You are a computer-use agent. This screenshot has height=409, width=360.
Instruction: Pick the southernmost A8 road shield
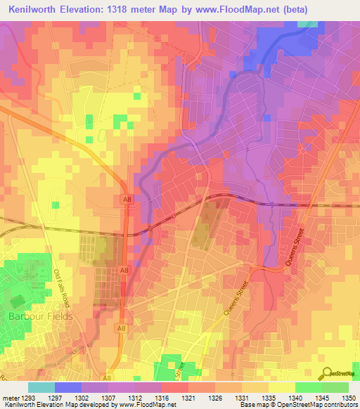[108, 378]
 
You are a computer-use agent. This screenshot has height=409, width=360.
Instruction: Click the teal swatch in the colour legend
[41, 387]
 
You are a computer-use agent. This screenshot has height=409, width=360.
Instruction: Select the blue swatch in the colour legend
[67, 387]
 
